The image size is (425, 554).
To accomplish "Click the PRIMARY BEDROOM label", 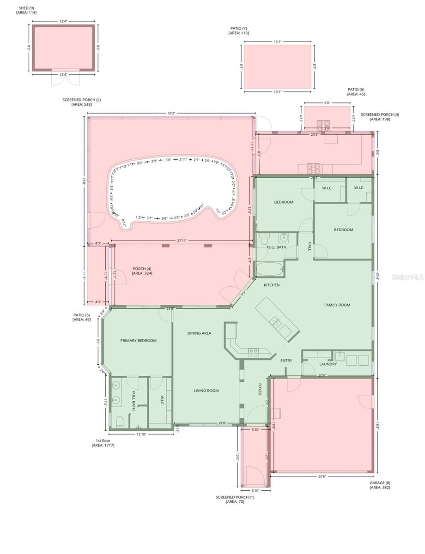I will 138,341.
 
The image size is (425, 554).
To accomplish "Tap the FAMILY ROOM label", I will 337,305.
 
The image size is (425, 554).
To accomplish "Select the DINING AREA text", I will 199,333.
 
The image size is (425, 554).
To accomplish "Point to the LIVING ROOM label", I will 206,391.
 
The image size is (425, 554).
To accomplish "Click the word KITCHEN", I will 271,285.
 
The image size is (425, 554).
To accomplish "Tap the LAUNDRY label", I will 328,364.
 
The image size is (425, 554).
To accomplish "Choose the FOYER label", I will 260,390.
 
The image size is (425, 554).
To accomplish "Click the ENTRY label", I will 286,361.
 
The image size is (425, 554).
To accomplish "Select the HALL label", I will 310,247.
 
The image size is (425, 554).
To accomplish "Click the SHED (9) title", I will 25,8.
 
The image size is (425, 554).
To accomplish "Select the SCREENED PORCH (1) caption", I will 235,497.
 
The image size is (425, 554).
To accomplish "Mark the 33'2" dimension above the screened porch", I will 170,113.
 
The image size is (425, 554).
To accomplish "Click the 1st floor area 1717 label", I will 103,443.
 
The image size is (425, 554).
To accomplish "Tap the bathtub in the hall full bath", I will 268,269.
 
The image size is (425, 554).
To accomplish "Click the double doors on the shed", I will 63,80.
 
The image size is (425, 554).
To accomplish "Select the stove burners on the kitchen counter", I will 254,353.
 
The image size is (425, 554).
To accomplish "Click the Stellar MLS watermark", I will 407,277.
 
